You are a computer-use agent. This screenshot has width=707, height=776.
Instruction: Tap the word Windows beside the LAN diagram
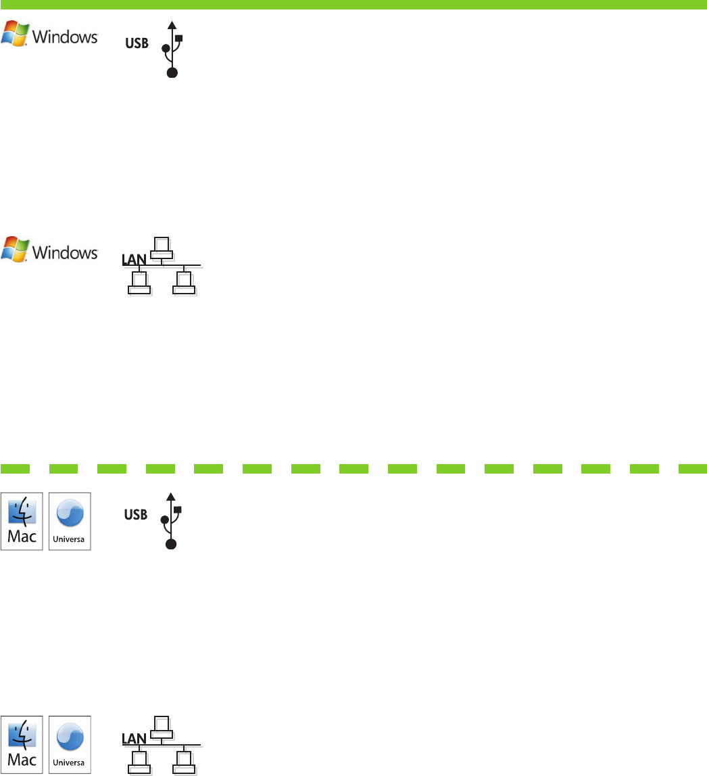[x=66, y=252]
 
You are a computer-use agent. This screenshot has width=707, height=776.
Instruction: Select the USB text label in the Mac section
[x=136, y=515]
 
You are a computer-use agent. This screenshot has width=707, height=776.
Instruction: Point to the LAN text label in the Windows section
[x=133, y=259]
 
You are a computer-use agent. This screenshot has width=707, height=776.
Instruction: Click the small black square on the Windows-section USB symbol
[x=179, y=38]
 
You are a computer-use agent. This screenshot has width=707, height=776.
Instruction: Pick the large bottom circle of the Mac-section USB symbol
[x=172, y=543]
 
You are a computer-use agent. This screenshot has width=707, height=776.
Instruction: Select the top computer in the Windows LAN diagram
[x=161, y=248]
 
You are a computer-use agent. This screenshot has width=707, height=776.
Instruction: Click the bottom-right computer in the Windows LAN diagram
[x=183, y=282]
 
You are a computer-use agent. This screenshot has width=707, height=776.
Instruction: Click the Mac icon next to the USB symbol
[x=22, y=520]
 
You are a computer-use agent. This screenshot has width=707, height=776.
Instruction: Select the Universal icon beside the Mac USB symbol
[x=70, y=520]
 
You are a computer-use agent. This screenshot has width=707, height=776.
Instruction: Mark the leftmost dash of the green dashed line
[x=14, y=467]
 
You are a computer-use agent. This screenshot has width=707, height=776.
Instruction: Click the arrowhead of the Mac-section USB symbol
[x=170, y=496]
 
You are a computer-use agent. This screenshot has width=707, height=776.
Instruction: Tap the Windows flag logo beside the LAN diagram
[x=15, y=249]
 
